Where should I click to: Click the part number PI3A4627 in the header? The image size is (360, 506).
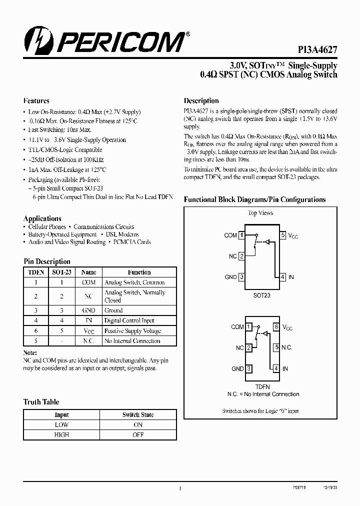(314, 50)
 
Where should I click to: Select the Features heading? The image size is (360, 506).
(36, 100)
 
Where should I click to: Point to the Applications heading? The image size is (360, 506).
(42, 218)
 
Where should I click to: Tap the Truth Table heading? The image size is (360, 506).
(41, 402)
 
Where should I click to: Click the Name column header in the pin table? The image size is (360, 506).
(88, 272)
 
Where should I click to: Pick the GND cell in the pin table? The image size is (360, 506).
(88, 310)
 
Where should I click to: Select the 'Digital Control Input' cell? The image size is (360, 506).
(129, 320)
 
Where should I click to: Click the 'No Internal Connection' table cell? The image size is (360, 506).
(132, 341)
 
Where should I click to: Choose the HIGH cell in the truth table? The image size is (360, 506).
(61, 435)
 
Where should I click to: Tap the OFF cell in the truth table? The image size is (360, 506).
(138, 435)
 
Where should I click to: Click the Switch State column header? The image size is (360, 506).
(138, 415)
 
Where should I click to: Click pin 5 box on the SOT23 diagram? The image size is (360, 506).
(283, 235)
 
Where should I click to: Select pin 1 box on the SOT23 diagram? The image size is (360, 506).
(241, 235)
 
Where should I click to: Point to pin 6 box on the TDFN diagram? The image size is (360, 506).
(276, 327)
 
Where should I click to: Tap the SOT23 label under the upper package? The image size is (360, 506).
(261, 295)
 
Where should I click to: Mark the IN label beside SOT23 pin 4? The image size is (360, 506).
(291, 277)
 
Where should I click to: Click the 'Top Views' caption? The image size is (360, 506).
(261, 213)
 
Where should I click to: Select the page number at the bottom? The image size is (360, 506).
(180, 489)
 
